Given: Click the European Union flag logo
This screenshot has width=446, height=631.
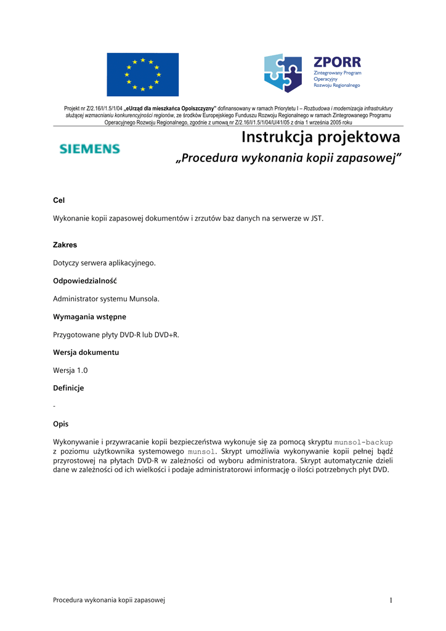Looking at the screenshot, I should tap(142, 74).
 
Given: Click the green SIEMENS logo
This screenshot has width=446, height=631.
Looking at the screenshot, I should tap(89, 149).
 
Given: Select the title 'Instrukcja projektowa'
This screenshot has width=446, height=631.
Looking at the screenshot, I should tap(320, 137).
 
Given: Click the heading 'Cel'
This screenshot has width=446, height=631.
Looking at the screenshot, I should tap(59, 200).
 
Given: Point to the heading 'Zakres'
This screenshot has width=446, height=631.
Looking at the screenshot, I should tap(65, 245).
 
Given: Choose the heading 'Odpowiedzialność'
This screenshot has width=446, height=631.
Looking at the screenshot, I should tap(85, 281).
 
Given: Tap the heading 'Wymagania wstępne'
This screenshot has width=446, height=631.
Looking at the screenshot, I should tap(89, 317).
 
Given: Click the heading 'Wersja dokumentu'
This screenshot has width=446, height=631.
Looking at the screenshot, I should tap(86, 352).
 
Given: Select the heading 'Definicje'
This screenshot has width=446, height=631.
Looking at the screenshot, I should tap(68, 388).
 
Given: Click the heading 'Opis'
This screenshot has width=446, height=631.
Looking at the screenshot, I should tap(60, 424).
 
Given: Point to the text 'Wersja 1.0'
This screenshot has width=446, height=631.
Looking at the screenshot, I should tap(70, 370).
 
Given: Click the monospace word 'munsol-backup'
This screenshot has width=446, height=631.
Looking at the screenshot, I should tap(363, 442).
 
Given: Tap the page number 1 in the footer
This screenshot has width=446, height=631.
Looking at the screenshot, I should tap(391, 600).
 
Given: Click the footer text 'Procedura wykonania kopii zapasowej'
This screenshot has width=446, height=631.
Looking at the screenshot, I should tap(109, 600).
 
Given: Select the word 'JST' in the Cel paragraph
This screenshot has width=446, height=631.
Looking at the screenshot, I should tap(315, 218).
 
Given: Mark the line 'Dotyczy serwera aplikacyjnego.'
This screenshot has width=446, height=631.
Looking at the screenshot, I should tap(104, 263).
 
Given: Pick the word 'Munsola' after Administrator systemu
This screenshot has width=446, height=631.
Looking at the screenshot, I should tap(144, 299).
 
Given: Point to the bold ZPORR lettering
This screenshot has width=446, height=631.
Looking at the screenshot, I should tap(337, 62).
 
